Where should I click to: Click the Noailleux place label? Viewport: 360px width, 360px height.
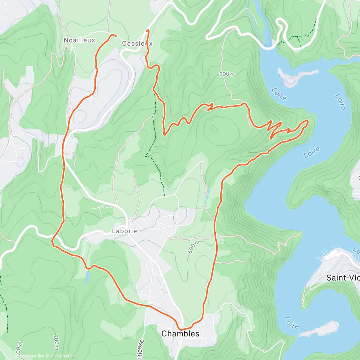pos(79,40)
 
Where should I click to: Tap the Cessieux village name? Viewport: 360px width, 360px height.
pos(137,43)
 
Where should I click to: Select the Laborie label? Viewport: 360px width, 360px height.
pos(124,231)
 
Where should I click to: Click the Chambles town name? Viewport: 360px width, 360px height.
pos(180,334)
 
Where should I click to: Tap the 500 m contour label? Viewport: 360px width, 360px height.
pos(227,74)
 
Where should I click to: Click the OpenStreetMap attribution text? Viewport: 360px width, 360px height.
pos(63,356)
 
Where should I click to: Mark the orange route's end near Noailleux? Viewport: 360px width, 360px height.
pos(115,36)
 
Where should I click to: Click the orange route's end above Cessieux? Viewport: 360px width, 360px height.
pos(147,31)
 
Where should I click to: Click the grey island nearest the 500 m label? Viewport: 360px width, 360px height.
pos(292,77)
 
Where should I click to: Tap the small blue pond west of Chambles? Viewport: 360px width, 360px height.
pos(87,277)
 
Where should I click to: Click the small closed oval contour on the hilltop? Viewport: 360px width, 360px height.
pos(214,129)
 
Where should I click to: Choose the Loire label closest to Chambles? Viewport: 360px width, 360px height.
pos(292,323)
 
